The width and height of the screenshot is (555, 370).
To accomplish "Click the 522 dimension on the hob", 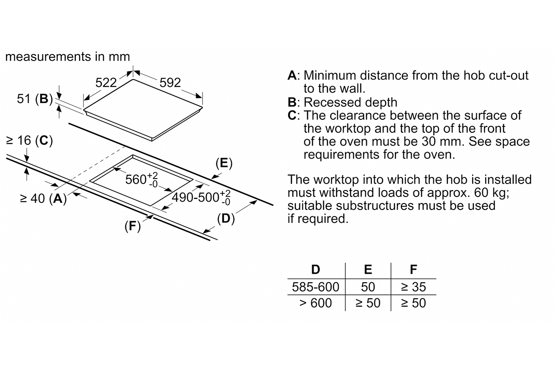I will [105, 83].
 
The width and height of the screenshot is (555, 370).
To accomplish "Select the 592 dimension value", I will [170, 83].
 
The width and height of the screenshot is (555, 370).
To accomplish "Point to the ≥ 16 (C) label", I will [28, 141].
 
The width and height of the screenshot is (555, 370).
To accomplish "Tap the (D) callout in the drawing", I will [226, 218].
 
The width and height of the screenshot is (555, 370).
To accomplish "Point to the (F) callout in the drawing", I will [133, 227].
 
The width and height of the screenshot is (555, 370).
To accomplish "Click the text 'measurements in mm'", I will [68, 57].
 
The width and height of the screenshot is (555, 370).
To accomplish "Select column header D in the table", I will [315, 270].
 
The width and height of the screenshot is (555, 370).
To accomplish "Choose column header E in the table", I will [368, 270].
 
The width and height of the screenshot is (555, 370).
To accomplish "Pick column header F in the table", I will [413, 270].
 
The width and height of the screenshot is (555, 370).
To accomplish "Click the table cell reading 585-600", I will [315, 287].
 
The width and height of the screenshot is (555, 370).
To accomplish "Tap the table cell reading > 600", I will [315, 303].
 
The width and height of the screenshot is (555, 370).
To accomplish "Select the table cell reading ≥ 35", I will [413, 287].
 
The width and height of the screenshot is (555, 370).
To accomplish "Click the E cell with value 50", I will [368, 287].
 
